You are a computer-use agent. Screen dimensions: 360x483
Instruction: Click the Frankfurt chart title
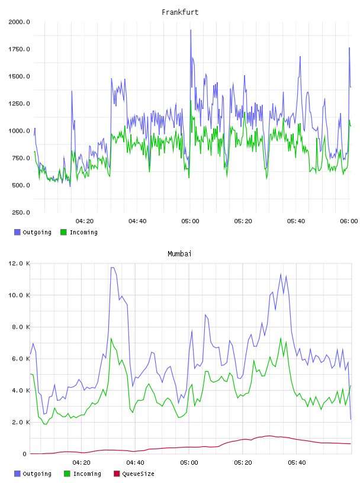click(180, 12)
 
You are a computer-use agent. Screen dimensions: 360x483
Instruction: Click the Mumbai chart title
click(179, 254)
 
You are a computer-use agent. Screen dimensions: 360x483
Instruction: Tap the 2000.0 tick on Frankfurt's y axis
click(19, 22)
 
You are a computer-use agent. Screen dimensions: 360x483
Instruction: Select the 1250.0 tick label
click(19, 104)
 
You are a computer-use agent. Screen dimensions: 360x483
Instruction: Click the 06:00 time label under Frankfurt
click(349, 221)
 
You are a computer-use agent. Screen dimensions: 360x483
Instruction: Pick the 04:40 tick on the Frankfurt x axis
click(137, 221)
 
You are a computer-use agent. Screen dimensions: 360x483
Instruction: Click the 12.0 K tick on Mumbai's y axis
click(19, 263)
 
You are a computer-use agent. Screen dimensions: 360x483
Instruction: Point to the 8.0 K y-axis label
click(21, 327)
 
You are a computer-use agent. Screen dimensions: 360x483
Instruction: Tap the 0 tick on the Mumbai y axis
click(24, 454)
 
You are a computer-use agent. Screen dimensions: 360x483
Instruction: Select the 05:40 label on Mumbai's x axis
click(297, 463)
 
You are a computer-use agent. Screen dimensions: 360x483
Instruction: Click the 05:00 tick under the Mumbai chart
click(189, 463)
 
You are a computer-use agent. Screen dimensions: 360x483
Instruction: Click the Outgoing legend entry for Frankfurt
click(33, 232)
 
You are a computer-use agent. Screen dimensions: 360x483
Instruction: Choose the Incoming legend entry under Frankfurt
click(79, 232)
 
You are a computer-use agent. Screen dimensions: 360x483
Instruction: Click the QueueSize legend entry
click(134, 474)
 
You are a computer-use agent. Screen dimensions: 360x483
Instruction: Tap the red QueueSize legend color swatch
click(117, 474)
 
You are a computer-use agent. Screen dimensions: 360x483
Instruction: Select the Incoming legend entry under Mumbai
click(83, 474)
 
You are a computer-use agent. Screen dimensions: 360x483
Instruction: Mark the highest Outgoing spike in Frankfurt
click(191, 30)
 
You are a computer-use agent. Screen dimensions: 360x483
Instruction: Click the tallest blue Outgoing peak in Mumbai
click(112, 268)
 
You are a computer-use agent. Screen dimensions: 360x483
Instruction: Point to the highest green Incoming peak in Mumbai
click(111, 338)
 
